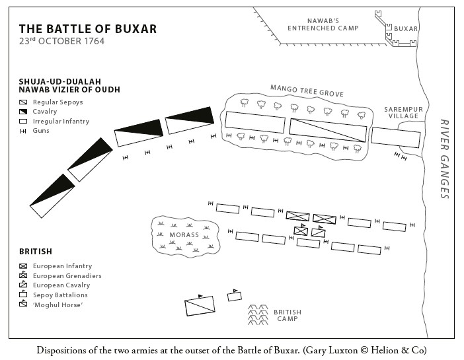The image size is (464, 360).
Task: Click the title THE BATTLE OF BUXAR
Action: (88, 29)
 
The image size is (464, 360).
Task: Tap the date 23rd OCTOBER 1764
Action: (62, 41)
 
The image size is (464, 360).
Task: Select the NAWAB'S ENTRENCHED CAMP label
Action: (323, 24)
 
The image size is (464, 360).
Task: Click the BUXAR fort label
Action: (406, 28)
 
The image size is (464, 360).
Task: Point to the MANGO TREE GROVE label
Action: (307, 90)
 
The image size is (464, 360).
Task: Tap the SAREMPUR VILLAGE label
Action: (404, 113)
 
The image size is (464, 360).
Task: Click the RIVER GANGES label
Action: (444, 159)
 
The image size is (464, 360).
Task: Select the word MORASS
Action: (184, 235)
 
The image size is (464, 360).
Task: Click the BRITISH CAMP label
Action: (288, 315)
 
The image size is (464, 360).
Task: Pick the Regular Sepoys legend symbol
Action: (23, 102)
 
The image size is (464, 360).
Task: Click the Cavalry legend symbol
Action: (23, 112)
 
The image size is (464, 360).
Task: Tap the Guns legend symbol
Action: (23, 131)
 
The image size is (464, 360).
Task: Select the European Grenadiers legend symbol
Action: (23, 275)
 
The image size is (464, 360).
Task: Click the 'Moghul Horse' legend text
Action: (58, 305)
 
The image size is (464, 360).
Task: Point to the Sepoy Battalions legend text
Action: (60, 295)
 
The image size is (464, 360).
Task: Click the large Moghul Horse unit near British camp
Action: (200, 306)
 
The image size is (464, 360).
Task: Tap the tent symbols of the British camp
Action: (258, 315)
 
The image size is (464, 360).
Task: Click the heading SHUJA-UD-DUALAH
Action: (60, 81)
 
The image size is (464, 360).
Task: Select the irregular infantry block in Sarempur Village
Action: (396, 137)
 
